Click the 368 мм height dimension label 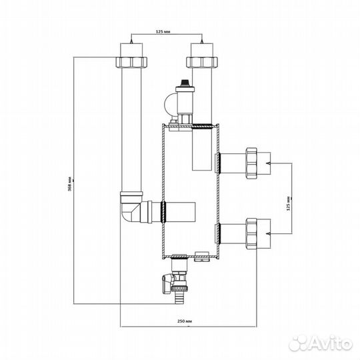(71, 184)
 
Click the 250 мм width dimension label (185, 321)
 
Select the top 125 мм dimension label (163, 31)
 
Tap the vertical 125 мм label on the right (289, 203)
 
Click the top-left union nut (131, 62)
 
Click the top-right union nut (202, 62)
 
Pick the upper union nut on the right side (251, 163)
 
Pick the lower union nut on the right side (251, 234)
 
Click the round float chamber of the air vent (169, 104)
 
